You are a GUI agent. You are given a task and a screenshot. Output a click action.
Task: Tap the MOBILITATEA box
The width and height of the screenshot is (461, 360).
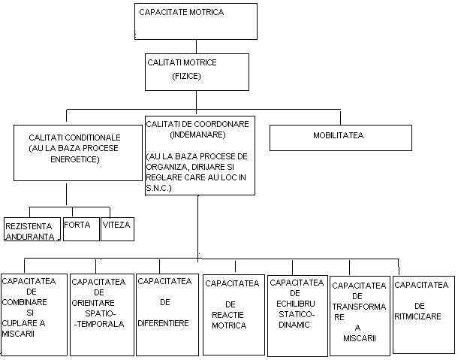pyautogui.click(x=341, y=137)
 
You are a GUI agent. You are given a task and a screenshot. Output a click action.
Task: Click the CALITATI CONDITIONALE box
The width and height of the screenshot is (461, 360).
pyautogui.click(x=78, y=153)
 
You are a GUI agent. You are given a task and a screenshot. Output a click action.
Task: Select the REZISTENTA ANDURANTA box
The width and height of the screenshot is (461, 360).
pyautogui.click(x=31, y=230)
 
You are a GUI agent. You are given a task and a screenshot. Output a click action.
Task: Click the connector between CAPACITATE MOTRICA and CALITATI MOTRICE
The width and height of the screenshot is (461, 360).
pyautogui.click(x=197, y=45)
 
